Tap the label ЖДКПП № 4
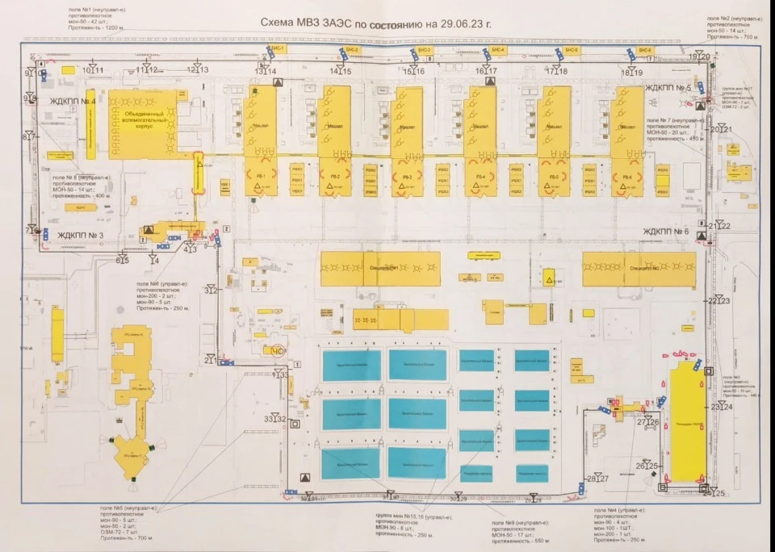(x=73, y=102)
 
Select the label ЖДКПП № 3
(x=83, y=236)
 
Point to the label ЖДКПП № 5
(x=668, y=87)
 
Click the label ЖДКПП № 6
(x=666, y=232)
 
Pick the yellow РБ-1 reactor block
(x=260, y=177)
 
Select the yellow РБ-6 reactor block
(x=626, y=177)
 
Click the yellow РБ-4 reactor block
(x=480, y=177)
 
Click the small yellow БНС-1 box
(x=277, y=50)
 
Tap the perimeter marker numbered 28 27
(x=597, y=479)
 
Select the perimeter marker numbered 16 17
(x=486, y=71)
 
